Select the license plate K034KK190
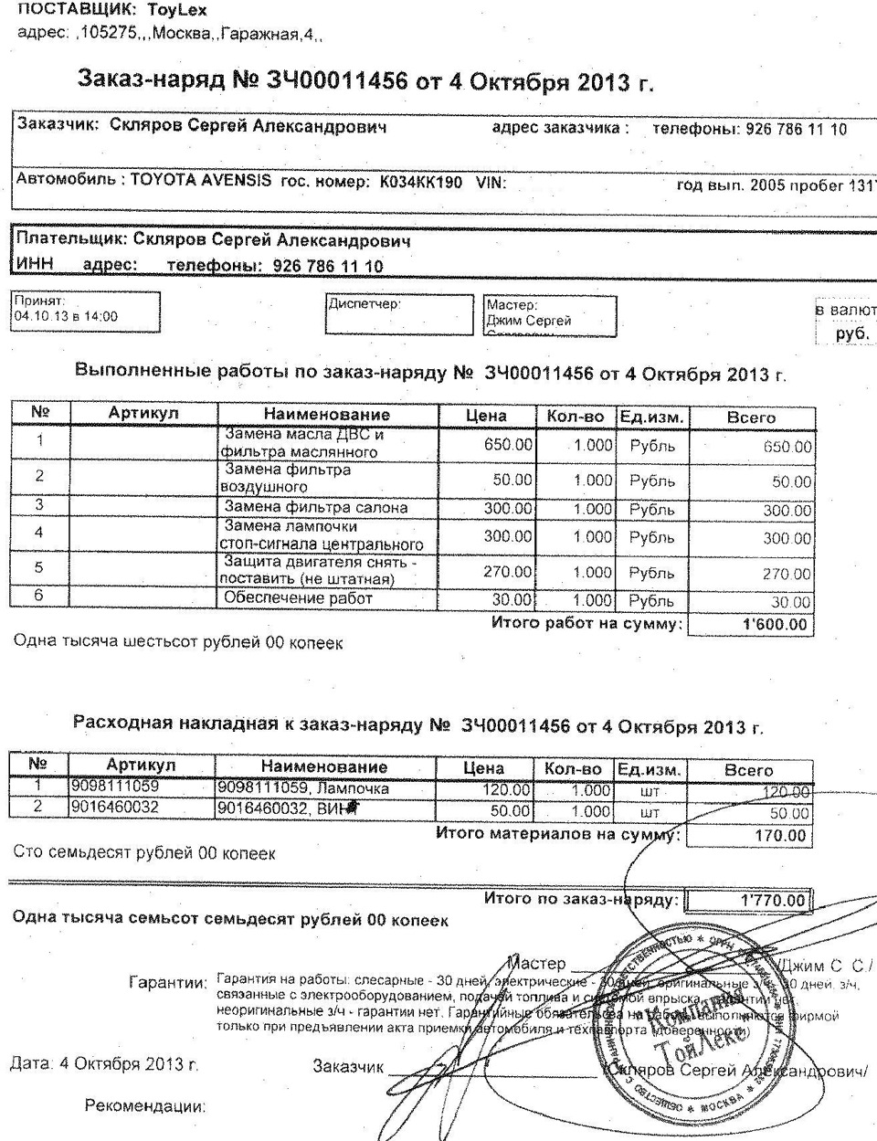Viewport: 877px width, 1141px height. coord(420,181)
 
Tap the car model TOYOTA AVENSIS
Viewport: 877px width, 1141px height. coord(201,180)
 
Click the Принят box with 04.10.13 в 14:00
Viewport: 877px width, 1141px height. coord(86,312)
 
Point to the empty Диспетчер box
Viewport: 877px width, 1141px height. coord(399,314)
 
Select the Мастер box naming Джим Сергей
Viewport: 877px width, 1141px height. coord(550,314)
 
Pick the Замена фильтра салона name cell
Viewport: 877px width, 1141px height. coord(316,507)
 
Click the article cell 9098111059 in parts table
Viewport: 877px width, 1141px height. coord(115,787)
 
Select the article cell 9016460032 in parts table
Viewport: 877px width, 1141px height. coord(115,808)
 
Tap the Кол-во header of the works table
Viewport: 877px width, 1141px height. coord(576,416)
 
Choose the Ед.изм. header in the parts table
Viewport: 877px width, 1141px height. coord(649,769)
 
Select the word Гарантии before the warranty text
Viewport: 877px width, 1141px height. coord(168,983)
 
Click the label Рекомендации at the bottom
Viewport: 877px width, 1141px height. coord(144,1106)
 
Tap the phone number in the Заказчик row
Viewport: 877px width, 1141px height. coord(796,129)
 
